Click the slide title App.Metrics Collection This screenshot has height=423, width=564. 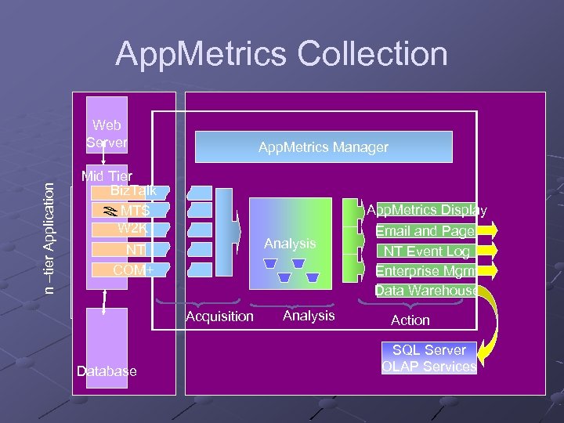(281, 55)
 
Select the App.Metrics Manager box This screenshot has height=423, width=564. (324, 147)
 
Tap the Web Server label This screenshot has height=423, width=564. (107, 134)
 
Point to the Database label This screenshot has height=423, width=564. (107, 371)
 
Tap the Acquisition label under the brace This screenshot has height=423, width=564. (219, 316)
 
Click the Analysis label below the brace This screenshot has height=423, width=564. (308, 316)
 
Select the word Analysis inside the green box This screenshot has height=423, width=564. (290, 244)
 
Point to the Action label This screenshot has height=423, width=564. (410, 320)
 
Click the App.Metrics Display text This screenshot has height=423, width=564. (427, 210)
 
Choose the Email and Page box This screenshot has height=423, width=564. (425, 231)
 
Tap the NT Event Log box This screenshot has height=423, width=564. (425, 251)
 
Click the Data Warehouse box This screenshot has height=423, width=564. (425, 291)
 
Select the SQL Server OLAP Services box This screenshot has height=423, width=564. (428, 358)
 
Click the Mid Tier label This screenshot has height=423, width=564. (107, 176)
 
